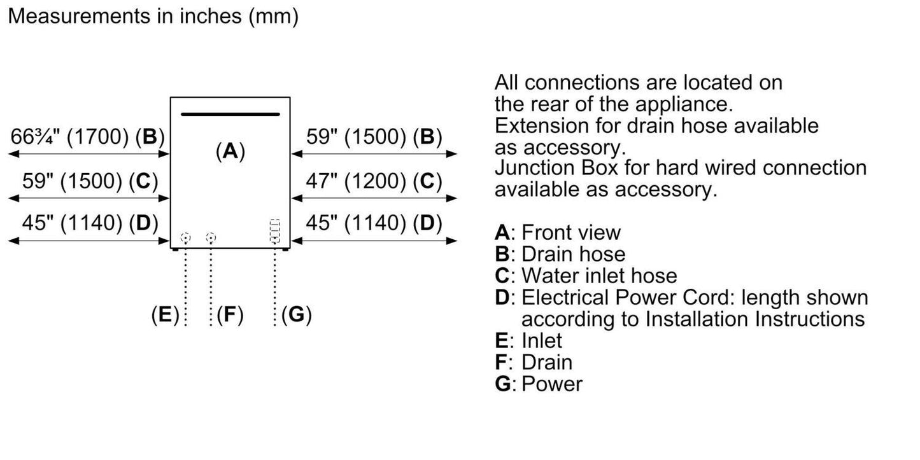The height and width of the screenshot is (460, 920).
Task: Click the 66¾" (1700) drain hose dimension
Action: click(87, 137)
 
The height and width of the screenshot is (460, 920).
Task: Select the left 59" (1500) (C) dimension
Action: click(89, 181)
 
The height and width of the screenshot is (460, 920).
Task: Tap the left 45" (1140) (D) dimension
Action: click(89, 223)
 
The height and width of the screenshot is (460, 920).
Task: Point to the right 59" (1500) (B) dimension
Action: click(374, 137)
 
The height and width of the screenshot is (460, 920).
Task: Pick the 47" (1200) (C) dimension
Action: click(374, 181)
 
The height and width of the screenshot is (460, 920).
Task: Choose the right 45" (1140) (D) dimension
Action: click(374, 223)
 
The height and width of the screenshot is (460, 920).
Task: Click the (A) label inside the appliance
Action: click(230, 151)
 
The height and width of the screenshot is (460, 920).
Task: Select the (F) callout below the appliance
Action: click(230, 315)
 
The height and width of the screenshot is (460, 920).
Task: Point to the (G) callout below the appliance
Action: click(296, 315)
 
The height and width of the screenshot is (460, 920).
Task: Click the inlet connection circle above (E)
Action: click(185, 238)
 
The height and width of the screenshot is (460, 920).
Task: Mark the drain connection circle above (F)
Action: click(211, 238)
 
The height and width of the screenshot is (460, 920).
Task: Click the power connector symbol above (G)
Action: click(275, 232)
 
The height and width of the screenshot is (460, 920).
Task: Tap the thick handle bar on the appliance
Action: click(230, 115)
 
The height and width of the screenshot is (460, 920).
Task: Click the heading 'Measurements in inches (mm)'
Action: click(153, 17)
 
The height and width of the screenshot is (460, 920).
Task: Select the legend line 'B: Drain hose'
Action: click(560, 254)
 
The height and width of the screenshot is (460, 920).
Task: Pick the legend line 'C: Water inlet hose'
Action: click(586, 275)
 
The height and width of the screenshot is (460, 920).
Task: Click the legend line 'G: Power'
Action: click(539, 384)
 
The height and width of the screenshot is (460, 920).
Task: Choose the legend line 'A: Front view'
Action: click(558, 232)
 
